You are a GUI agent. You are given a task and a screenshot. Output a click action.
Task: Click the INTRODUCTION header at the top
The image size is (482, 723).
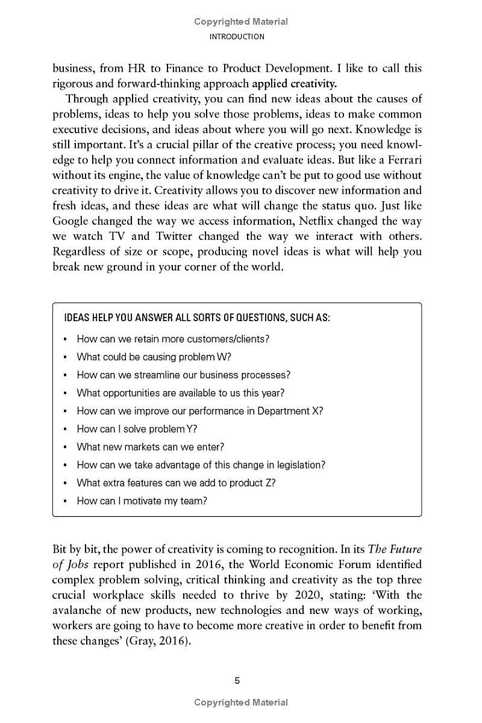point(237,37)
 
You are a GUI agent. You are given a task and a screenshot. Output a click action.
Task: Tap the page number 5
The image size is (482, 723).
point(237,681)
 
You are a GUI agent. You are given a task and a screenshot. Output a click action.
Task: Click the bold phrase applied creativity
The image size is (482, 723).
point(294,84)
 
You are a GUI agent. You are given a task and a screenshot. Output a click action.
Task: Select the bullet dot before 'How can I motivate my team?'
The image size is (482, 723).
point(65,501)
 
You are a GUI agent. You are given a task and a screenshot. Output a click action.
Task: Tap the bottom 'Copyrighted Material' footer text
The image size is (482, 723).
point(241,703)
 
